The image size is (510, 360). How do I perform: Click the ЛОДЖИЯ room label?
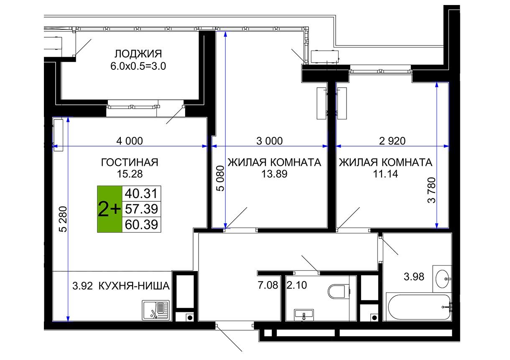[138, 54]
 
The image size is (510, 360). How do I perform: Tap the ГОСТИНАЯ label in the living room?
[130, 162]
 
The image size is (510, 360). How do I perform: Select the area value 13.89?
[274, 174]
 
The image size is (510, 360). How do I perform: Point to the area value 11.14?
[385, 174]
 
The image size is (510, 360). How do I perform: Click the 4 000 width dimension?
[130, 141]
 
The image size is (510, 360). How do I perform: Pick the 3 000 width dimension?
[270, 141]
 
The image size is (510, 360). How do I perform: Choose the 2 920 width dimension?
[392, 141]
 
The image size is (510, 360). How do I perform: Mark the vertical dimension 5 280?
[63, 219]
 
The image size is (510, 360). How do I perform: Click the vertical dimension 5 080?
[220, 178]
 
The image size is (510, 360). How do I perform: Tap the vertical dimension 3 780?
[432, 190]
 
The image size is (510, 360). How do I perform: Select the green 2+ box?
[110, 209]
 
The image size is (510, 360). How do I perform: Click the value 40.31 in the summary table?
[141, 193]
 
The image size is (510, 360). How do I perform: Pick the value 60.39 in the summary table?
[141, 224]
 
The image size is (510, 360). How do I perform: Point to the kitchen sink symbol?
[156, 310]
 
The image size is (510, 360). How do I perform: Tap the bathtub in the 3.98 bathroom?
[419, 307]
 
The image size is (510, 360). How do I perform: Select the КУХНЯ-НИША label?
[134, 286]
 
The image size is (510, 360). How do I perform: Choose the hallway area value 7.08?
[268, 285]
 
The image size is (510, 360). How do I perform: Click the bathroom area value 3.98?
[414, 277]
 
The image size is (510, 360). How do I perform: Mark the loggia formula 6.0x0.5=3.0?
[138, 66]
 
